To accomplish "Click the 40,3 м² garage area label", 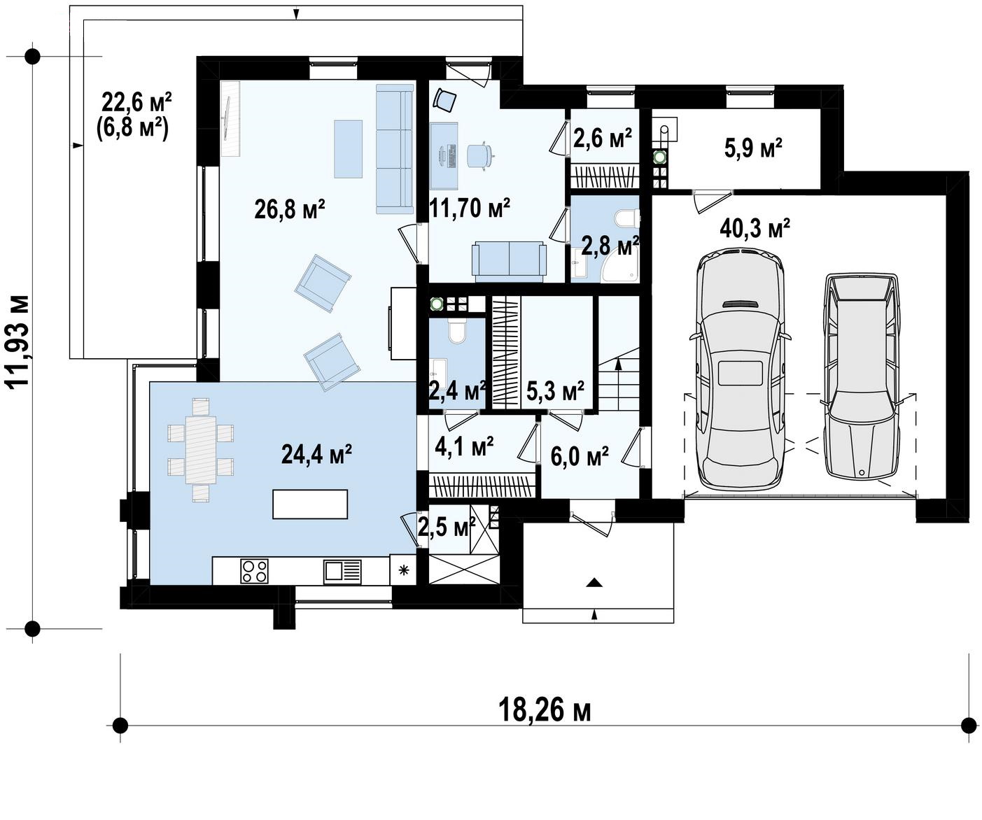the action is (x=755, y=229).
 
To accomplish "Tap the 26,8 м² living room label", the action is (x=290, y=209).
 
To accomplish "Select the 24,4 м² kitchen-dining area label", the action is (x=316, y=453).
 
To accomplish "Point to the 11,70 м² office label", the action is (x=470, y=208).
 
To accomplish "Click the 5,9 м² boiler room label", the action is (x=753, y=148).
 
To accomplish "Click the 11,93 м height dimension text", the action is (x=18, y=341).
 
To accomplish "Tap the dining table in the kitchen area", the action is (x=201, y=450).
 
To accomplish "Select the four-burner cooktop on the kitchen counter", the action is (x=255, y=571).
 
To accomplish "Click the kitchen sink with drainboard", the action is (x=342, y=572).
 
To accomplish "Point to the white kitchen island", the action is (x=310, y=504).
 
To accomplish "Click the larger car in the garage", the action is (x=741, y=372).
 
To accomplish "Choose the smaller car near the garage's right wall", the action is (x=862, y=376).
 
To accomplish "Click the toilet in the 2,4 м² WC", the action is (x=456, y=331).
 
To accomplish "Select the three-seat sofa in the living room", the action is (x=395, y=149).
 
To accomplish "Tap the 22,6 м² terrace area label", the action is (x=136, y=102).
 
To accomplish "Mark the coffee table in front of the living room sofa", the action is (x=349, y=149).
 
